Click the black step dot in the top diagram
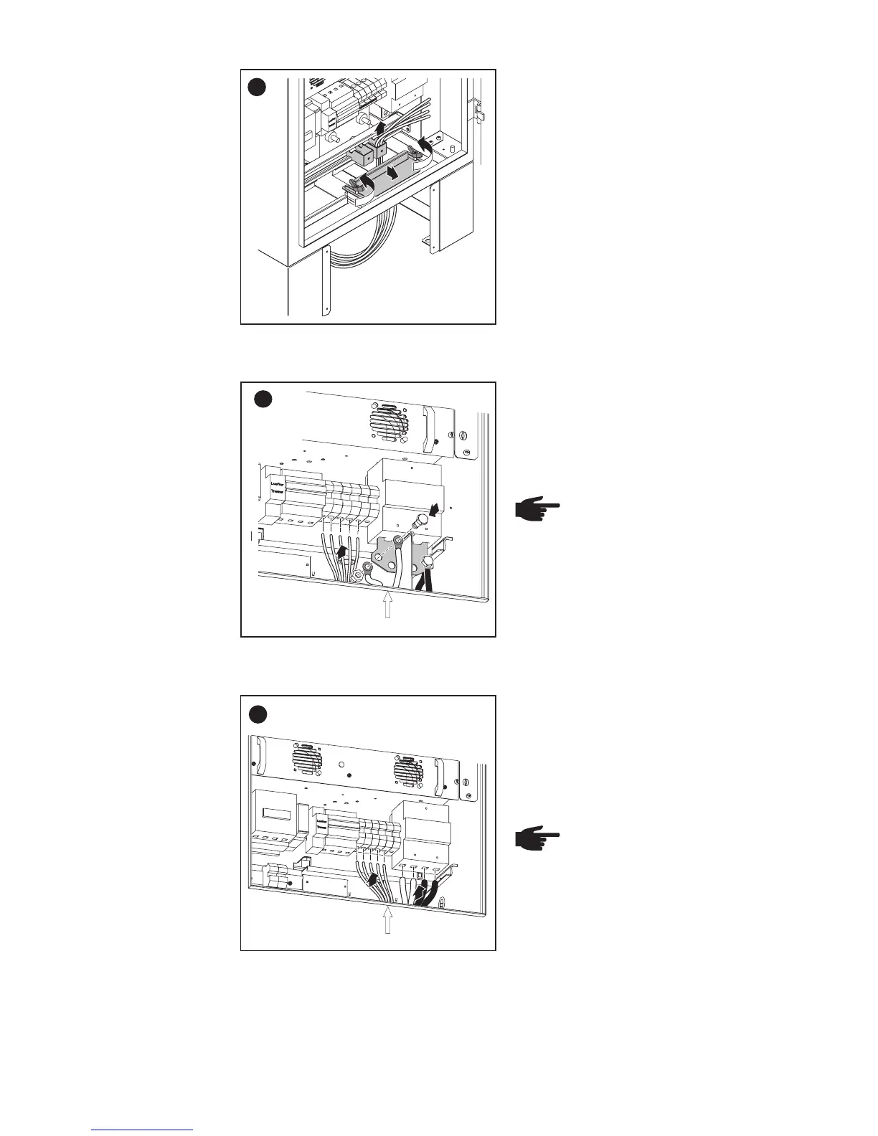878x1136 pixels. click(x=257, y=87)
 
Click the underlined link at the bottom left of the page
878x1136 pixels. click(x=143, y=1130)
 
